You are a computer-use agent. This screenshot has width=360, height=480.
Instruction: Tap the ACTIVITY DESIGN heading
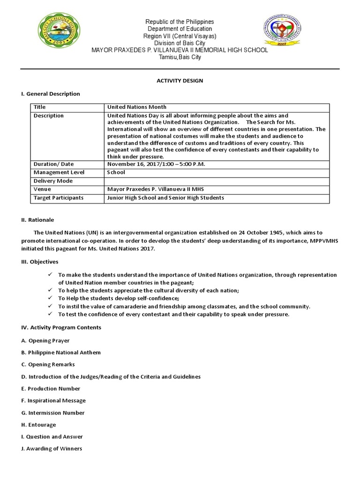tap(180, 81)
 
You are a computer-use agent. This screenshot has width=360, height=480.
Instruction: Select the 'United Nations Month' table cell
tap(137, 107)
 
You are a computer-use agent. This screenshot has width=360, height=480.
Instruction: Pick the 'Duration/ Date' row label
tap(54, 164)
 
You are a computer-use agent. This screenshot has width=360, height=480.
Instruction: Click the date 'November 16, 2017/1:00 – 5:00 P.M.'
tap(156, 164)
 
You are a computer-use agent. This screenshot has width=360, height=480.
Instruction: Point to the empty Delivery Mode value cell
tap(218, 181)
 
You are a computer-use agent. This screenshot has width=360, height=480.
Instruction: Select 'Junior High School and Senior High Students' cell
tap(166, 198)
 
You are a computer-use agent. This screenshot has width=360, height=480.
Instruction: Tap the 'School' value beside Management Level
tap(116, 172)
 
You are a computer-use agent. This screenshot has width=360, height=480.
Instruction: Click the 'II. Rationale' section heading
tap(37, 220)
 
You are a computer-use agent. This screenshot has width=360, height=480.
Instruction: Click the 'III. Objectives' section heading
tap(39, 262)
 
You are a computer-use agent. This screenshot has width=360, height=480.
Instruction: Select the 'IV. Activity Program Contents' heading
tap(60, 327)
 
